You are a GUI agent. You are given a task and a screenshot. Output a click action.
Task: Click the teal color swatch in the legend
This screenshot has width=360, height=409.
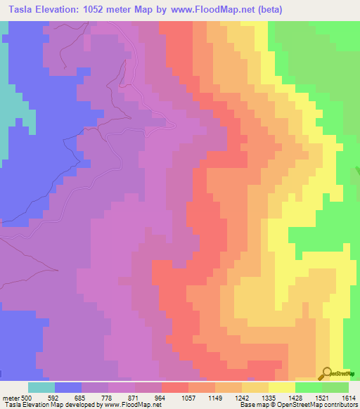(41, 387)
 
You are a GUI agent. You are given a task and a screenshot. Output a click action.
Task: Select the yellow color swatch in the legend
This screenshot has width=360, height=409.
(281, 387)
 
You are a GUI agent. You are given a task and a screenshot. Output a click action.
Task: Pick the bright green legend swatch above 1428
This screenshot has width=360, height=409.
(308, 387)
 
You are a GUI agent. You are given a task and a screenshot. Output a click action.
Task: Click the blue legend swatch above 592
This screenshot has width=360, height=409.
(67, 387)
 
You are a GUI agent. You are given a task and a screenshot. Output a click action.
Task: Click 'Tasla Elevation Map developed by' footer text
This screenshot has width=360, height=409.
(52, 405)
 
